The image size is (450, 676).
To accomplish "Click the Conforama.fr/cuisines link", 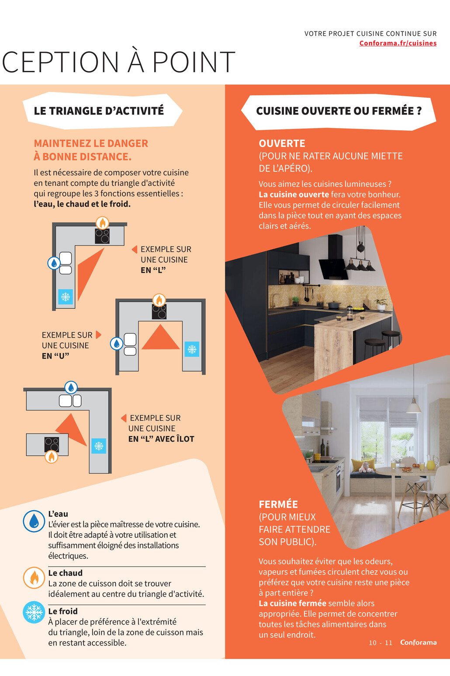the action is pos(398,43).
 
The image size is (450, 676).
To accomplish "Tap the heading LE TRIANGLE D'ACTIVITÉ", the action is pos(99,111).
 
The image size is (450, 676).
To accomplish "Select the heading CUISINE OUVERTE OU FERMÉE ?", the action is pos(339,111).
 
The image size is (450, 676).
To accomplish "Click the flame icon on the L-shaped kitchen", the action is pos(102,223).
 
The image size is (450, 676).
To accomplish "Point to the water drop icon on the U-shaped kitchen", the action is pos(116,343).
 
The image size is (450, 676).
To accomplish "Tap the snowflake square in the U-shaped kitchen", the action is pos(192,349).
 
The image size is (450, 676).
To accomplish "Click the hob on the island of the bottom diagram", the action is pos(52,445).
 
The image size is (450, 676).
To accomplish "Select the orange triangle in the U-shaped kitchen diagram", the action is pos(160,337).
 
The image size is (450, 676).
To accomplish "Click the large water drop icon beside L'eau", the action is pos(34,521).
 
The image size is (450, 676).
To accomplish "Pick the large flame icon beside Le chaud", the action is pos(34,578).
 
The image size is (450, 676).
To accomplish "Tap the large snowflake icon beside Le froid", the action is pos(34,612).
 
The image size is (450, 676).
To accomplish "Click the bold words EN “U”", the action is pos(55,356).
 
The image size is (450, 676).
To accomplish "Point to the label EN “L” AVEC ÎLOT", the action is pos(161,439).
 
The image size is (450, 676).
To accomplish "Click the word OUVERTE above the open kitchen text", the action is pos(282,143).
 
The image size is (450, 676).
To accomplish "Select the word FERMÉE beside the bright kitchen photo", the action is pos(278,504).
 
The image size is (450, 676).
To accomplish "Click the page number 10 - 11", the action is pos(381,643).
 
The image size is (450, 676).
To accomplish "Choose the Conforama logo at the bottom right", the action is pos(419,642).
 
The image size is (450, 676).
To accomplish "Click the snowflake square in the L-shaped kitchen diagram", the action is pos(66,297).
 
